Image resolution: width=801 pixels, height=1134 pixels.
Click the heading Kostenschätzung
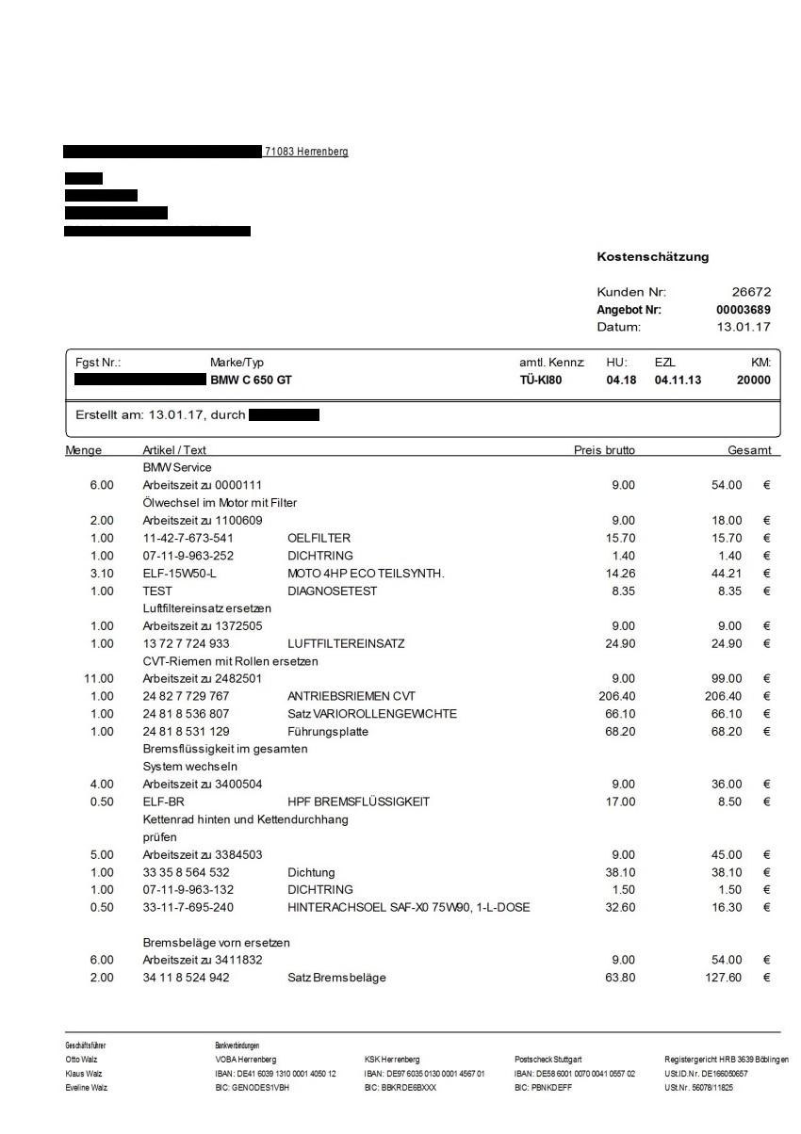pyautogui.click(x=652, y=256)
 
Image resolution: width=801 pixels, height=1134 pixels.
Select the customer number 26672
pyautogui.click(x=751, y=292)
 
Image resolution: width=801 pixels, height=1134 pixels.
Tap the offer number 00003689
pyautogui.click(x=744, y=309)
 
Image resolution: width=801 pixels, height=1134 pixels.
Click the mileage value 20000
pyautogui.click(x=753, y=381)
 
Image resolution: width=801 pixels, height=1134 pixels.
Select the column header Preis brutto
pyautogui.click(x=604, y=450)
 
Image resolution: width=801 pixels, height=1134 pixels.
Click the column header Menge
pyautogui.click(x=84, y=450)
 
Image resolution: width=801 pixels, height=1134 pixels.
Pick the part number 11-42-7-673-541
pyautogui.click(x=188, y=538)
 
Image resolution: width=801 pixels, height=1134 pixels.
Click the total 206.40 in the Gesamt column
pyautogui.click(x=724, y=696)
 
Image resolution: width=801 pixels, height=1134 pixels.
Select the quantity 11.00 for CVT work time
pyautogui.click(x=99, y=678)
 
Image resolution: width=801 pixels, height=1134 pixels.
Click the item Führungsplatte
pyautogui.click(x=330, y=731)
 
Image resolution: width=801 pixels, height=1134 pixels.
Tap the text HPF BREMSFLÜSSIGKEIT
pyautogui.click(x=358, y=802)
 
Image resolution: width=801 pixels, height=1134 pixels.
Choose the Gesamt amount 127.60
pyautogui.click(x=724, y=978)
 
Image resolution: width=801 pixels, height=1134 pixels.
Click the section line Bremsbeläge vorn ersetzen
pyautogui.click(x=216, y=943)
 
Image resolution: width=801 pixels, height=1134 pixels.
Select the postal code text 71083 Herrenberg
pyautogui.click(x=307, y=152)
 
